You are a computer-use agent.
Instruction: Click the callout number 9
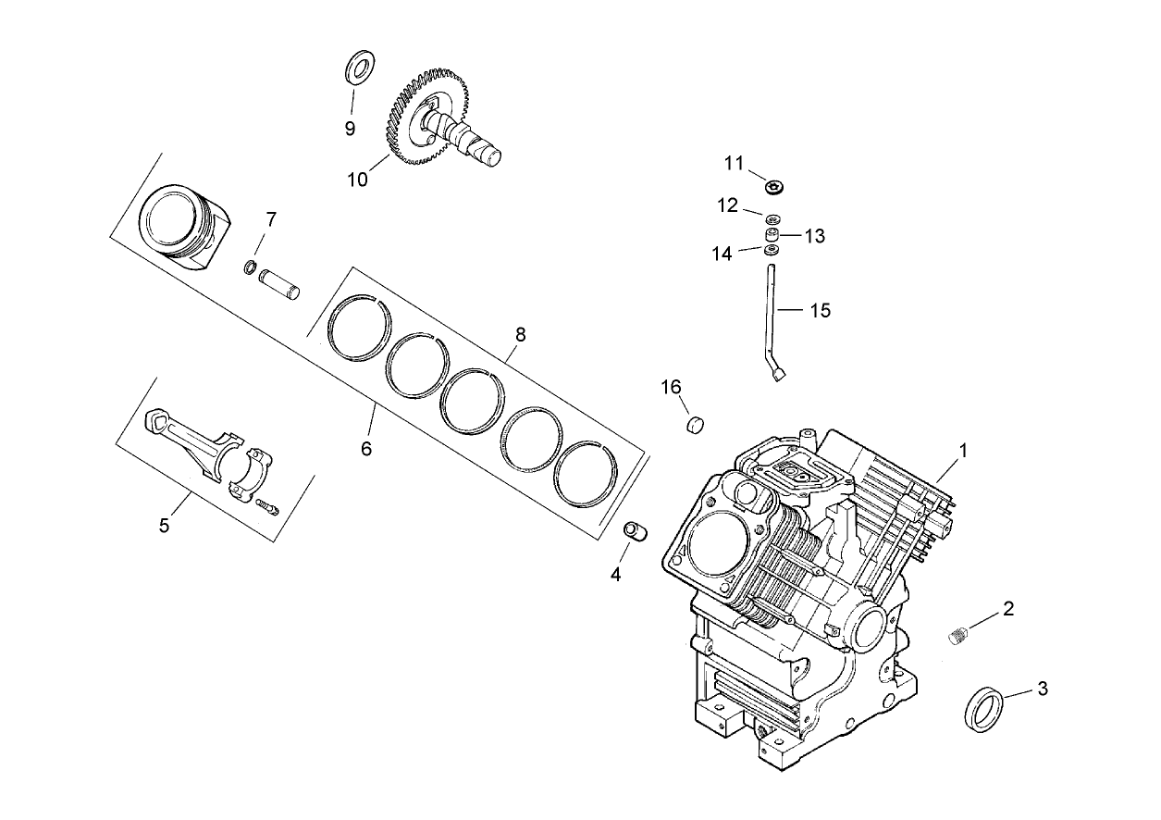350,129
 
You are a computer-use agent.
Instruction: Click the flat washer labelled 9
358,68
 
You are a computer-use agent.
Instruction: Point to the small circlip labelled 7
250,268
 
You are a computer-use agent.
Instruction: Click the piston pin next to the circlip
280,281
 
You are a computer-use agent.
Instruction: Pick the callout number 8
520,334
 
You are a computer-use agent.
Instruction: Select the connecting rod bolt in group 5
266,506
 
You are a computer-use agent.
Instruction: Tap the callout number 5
164,526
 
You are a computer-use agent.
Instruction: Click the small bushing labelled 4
636,533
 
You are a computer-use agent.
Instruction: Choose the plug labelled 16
694,425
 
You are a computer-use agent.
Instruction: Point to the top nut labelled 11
774,187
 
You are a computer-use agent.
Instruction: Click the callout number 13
814,236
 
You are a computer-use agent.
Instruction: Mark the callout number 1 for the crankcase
963,451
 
